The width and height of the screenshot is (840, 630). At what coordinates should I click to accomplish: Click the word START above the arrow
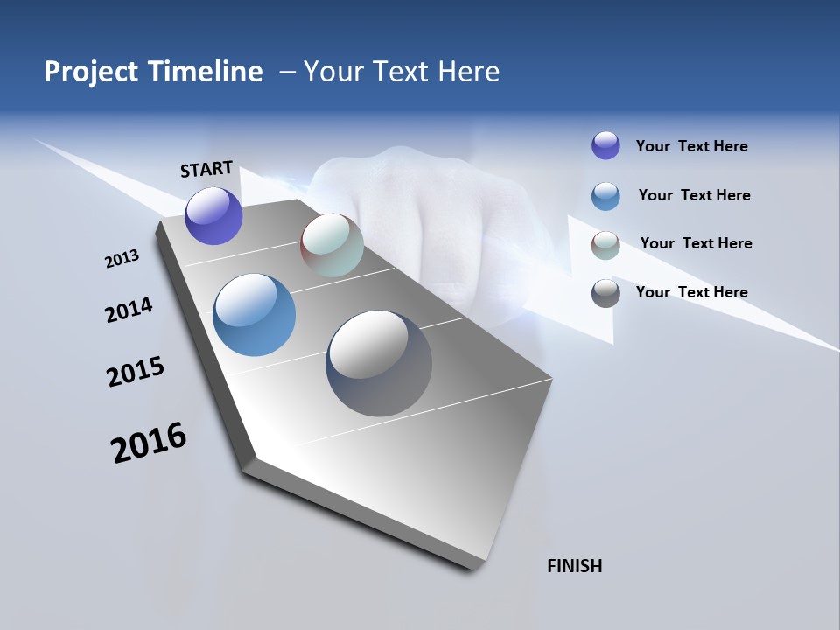pyautogui.click(x=206, y=169)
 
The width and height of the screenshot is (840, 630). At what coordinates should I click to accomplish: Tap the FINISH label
pyautogui.click(x=574, y=566)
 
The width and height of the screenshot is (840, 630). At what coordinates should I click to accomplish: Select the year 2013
pyautogui.click(x=122, y=259)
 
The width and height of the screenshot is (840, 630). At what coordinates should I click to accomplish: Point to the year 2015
pyautogui.click(x=136, y=372)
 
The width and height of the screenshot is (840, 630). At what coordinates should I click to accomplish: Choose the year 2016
pyautogui.click(x=149, y=442)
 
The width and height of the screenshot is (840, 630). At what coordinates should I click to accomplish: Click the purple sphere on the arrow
pyautogui.click(x=213, y=215)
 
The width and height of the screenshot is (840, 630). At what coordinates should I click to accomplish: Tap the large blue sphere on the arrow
pyautogui.click(x=254, y=315)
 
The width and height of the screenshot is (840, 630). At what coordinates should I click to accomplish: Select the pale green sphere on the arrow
pyautogui.click(x=332, y=245)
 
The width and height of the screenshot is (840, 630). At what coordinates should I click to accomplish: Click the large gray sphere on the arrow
pyautogui.click(x=379, y=363)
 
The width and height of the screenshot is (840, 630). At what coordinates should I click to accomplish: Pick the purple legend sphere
pyautogui.click(x=605, y=145)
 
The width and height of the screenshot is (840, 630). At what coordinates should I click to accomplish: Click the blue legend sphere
pyautogui.click(x=605, y=196)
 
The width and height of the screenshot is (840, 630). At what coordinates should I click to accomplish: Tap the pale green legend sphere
pyautogui.click(x=605, y=246)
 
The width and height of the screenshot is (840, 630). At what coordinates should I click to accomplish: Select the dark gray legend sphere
pyautogui.click(x=605, y=293)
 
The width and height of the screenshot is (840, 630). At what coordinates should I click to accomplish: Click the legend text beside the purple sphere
pyautogui.click(x=691, y=146)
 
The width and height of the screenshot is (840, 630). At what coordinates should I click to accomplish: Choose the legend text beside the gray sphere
pyautogui.click(x=691, y=292)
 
